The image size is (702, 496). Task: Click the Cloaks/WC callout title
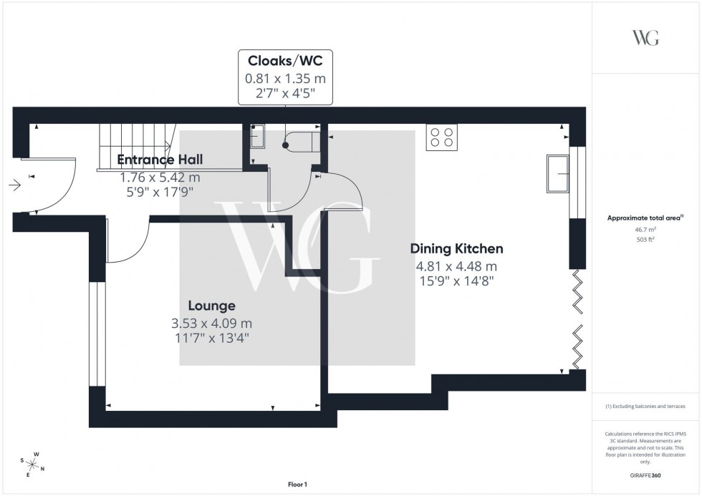[x=284, y=60]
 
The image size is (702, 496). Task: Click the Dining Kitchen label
[x=456, y=249]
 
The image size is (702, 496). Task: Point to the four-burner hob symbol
[x=442, y=137]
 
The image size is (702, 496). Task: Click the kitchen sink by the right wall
[x=557, y=173]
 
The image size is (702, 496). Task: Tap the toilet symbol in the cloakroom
[x=297, y=141]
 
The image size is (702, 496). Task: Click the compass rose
[x=31, y=465]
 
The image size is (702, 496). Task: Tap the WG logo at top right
[x=645, y=38]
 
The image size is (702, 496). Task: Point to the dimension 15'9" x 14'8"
[x=456, y=280]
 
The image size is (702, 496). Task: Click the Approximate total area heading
[x=645, y=218]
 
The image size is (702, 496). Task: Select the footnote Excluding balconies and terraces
[x=645, y=406]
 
